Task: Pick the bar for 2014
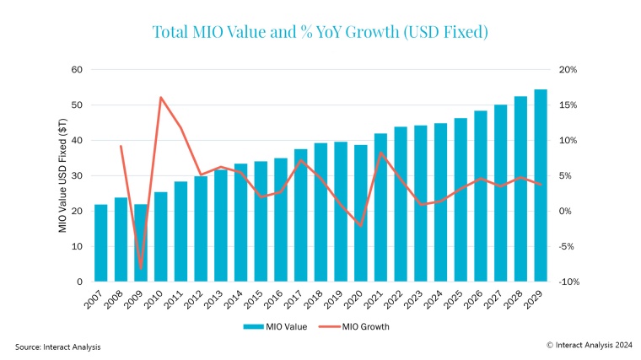[x=241, y=223]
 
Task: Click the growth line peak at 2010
[x=161, y=97]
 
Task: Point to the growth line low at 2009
[x=141, y=268]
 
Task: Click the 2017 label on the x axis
[x=299, y=297]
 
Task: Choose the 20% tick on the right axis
[x=568, y=69]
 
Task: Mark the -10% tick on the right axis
[x=568, y=282]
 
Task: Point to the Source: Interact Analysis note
[x=56, y=347]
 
